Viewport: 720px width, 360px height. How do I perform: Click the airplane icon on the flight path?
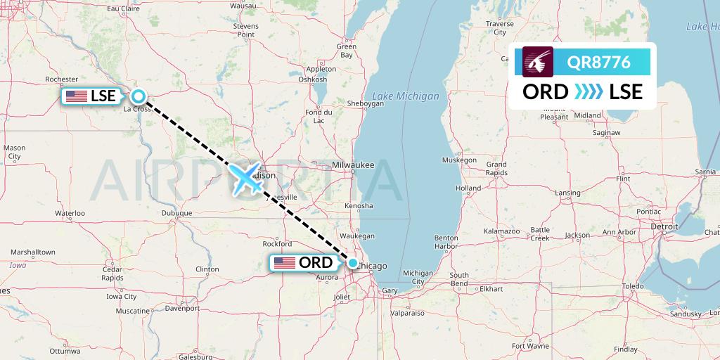pos(246,178)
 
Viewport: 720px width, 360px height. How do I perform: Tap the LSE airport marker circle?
pos(139,96)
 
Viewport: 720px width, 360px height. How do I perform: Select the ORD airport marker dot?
pos(353,263)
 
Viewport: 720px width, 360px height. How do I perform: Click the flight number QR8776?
pos(599,62)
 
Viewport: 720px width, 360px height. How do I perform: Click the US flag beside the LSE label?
pos(76,96)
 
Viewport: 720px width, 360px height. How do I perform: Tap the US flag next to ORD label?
pos(285,263)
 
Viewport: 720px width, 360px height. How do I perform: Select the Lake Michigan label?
pos(406,96)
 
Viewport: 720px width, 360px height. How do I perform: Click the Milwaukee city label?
pos(353,165)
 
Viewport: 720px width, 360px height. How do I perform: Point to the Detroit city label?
pos(664,227)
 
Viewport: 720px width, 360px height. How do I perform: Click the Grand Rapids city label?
pos(496,168)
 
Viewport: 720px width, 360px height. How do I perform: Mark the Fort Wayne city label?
pos(530,346)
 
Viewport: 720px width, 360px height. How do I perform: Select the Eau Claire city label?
pos(122,8)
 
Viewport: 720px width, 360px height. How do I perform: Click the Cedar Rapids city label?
pos(112,274)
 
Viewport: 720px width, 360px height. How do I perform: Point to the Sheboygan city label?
pos(365,103)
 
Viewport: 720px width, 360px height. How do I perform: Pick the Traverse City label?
pos(500,27)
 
